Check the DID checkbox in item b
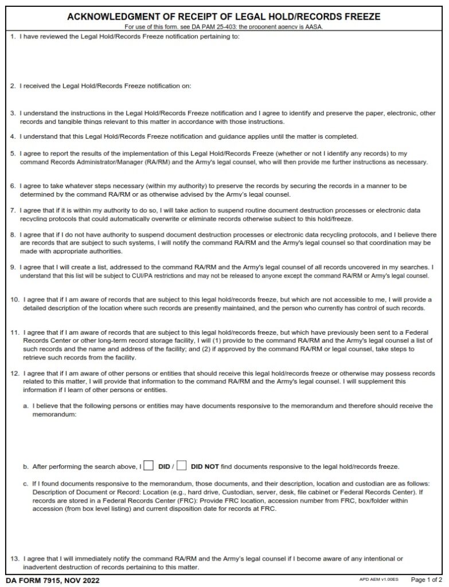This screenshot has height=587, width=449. (148, 465)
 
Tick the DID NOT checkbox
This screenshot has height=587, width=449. (182, 465)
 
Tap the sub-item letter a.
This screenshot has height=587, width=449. (25, 406)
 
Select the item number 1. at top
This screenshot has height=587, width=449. (13, 37)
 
